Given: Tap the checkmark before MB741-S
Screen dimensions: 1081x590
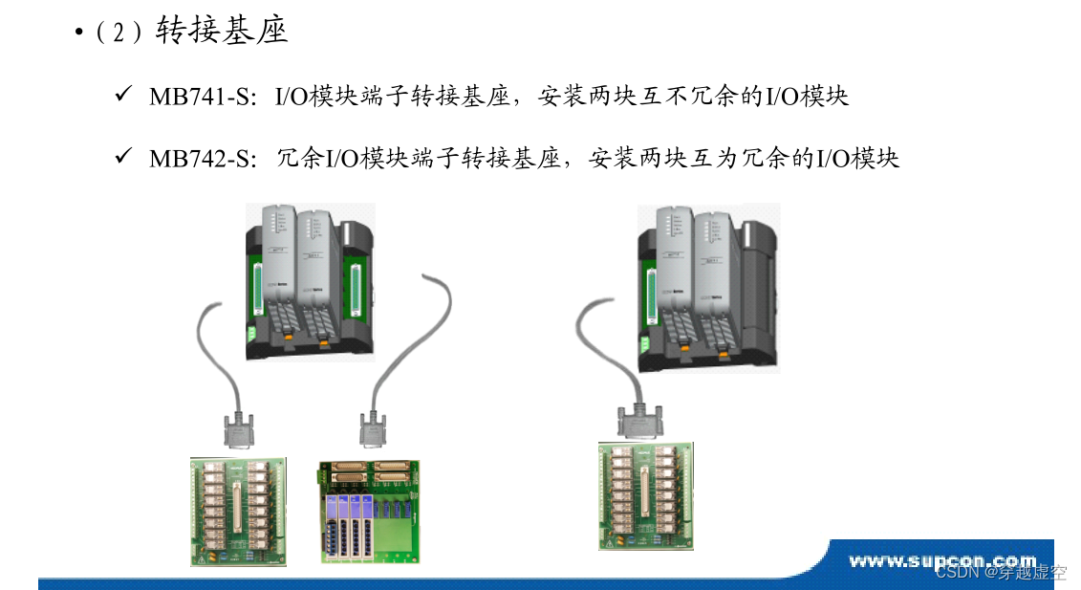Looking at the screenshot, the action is click(122, 96).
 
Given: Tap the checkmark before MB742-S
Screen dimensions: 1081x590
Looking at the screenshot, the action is click(122, 157).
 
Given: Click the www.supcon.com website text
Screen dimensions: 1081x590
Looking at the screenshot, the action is click(942, 560).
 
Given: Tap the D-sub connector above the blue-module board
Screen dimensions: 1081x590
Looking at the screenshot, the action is click(373, 429).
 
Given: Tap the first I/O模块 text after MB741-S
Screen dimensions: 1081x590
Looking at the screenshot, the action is click(311, 97).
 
